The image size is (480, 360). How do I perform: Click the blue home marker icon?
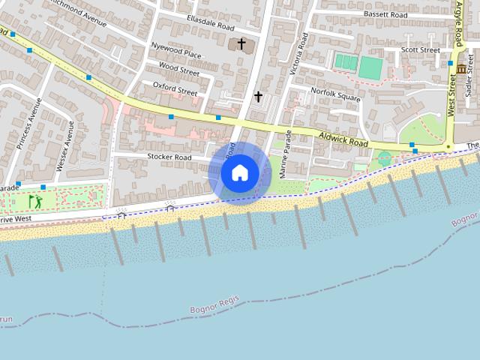[239, 172]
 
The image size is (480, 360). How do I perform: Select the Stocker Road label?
[170, 157]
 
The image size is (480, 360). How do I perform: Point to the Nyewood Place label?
[176, 55]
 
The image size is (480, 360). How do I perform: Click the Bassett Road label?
[385, 14]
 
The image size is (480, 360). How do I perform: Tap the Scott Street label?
[420, 50]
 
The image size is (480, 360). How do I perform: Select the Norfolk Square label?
[336, 98]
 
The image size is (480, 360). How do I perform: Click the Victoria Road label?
[298, 55]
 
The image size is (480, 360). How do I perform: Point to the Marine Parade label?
[285, 153]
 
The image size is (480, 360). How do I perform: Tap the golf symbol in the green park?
[34, 201]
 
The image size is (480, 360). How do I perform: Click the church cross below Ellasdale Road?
[241, 45]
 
